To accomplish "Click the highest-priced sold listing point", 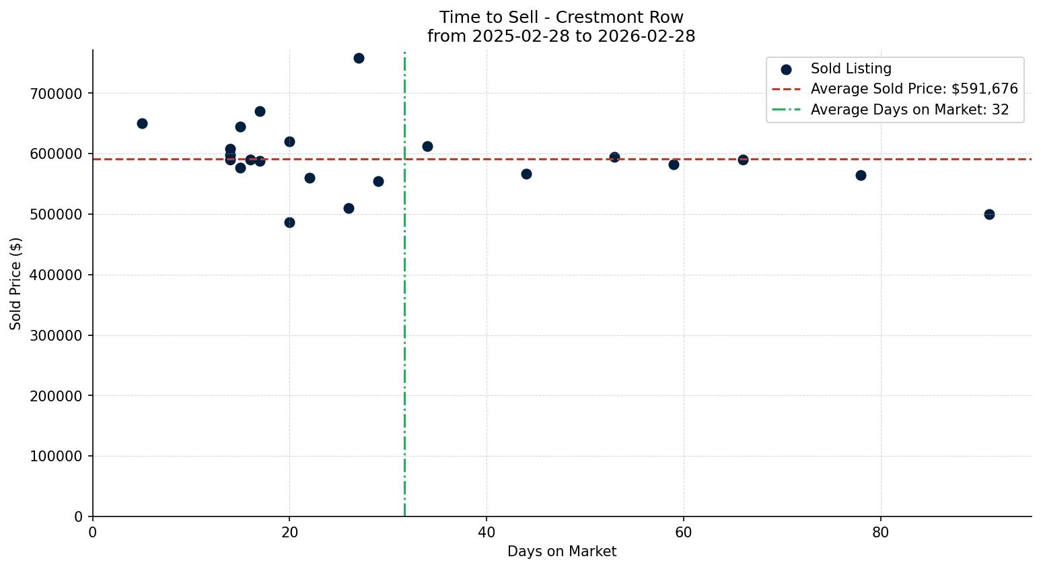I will click(359, 58).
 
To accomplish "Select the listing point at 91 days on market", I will click(989, 214).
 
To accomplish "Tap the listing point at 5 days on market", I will click(142, 123).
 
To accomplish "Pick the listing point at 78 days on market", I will click(861, 175).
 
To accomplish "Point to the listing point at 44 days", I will click(526, 174).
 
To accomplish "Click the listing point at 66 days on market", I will click(743, 160).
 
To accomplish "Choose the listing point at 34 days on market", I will click(427, 146).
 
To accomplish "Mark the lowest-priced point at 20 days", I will click(289, 222).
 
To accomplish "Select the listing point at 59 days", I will click(674, 164).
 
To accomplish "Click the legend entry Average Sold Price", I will click(914, 89).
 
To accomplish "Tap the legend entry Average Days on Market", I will click(909, 110).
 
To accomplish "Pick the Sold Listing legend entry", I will click(851, 69).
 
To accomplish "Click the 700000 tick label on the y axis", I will click(56, 94).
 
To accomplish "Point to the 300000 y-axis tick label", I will click(56, 335).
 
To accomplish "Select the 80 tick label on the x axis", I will click(880, 533).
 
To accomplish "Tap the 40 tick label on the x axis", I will click(487, 533).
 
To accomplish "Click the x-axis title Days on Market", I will click(562, 551).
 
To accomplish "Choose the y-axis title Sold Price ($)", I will click(16, 283).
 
